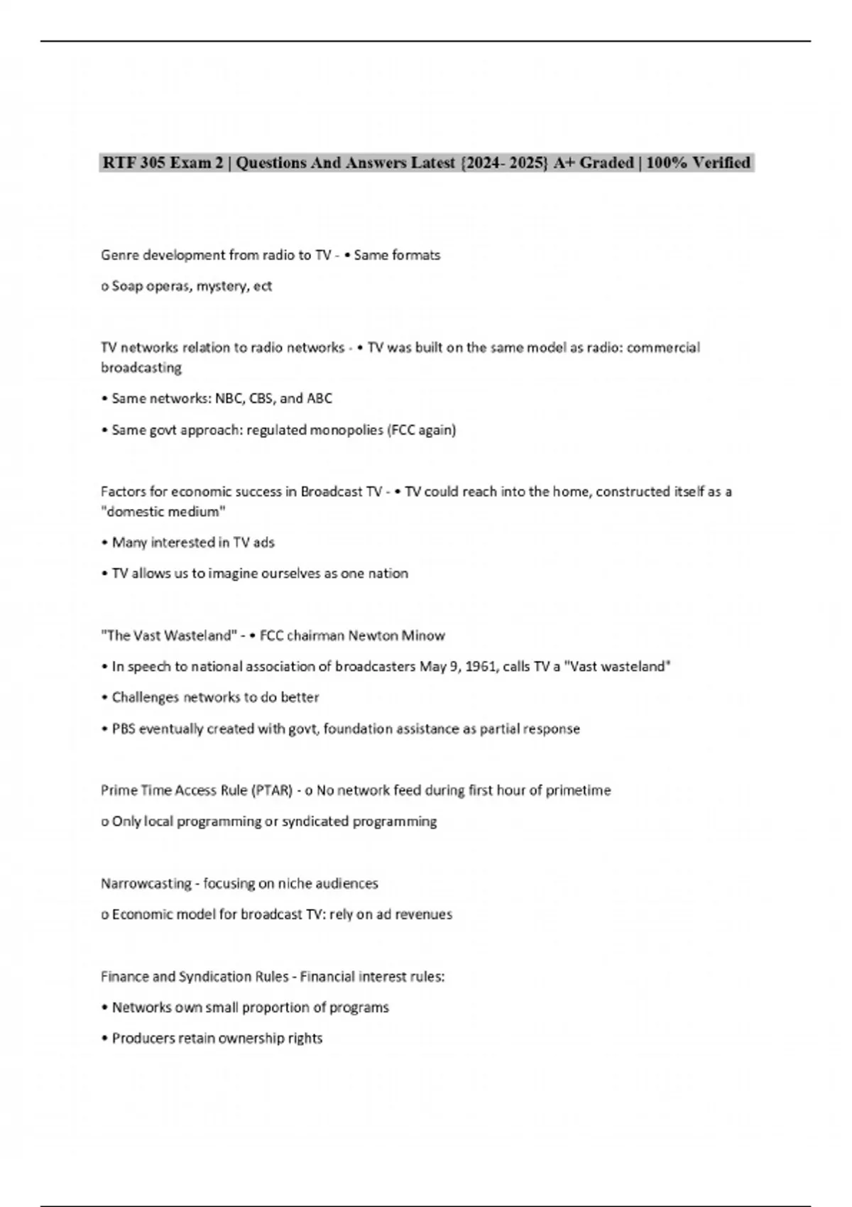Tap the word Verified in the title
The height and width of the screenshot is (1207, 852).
tap(721, 163)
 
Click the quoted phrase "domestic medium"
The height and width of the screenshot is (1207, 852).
tap(163, 511)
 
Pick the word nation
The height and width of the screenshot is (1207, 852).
tap(388, 573)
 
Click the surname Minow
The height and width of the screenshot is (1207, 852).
tap(423, 635)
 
